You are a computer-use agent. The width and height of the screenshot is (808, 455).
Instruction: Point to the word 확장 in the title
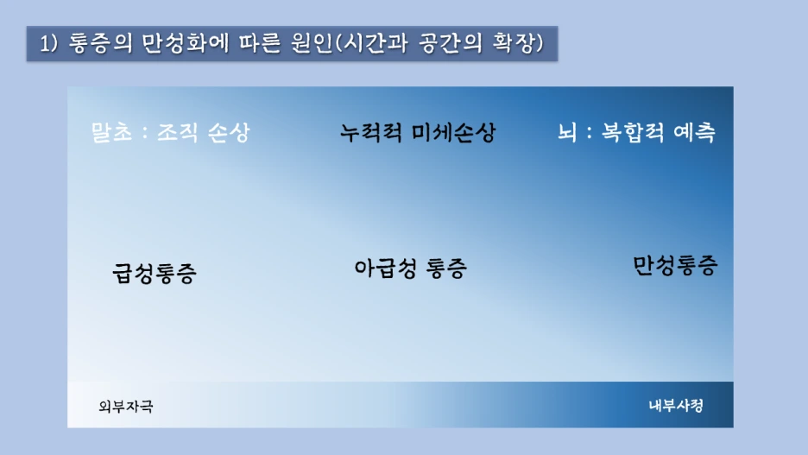[x=518, y=42]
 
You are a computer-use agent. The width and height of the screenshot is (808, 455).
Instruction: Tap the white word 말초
[x=112, y=134]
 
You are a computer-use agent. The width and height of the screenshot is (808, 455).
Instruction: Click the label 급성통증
[x=155, y=274]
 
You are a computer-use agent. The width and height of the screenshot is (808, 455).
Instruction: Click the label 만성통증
[x=674, y=265]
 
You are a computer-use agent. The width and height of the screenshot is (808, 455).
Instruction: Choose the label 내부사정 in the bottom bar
[x=676, y=406]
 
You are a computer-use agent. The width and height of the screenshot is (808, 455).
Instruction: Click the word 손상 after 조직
[x=228, y=134]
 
